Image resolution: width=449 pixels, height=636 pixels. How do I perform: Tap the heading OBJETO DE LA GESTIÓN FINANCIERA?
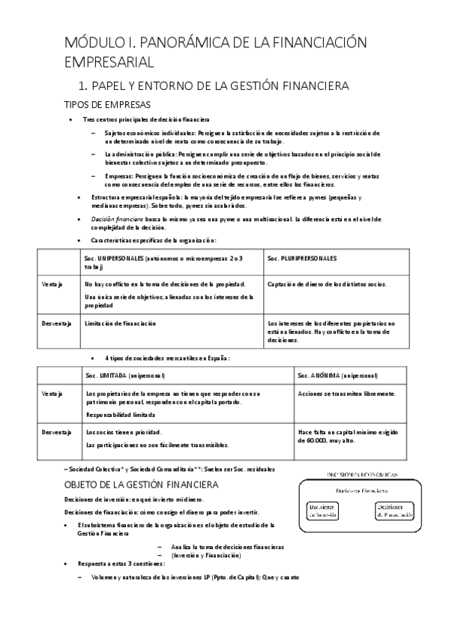click(x=141, y=484)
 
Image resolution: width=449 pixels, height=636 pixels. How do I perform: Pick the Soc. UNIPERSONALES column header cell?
click(x=163, y=262)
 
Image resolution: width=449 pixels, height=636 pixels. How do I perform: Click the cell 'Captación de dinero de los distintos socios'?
click(x=326, y=283)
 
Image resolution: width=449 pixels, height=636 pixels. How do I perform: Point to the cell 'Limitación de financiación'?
click(x=121, y=323)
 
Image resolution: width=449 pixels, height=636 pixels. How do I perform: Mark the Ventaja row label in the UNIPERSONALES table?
click(x=52, y=283)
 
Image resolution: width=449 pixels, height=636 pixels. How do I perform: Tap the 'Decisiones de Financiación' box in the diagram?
click(x=394, y=510)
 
